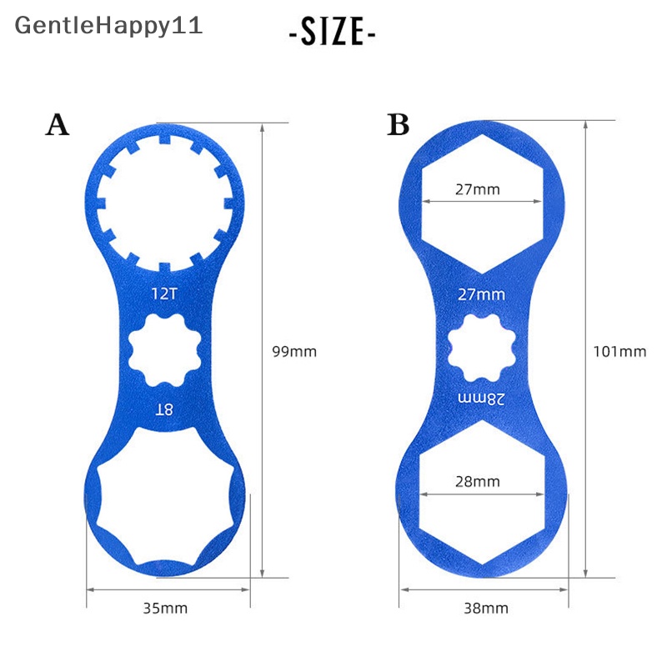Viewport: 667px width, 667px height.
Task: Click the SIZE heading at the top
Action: (333, 33)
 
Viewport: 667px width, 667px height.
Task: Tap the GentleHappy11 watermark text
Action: (108, 25)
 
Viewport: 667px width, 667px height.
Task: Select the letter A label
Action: (57, 125)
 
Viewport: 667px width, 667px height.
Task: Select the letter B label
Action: (399, 125)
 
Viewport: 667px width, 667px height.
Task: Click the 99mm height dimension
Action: (295, 351)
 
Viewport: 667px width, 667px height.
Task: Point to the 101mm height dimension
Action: (620, 351)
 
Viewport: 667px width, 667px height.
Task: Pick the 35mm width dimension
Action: (166, 608)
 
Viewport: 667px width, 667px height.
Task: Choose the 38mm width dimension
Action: (485, 608)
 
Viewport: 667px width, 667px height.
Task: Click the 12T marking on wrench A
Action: (163, 293)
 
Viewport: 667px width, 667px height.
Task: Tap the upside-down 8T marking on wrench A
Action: (163, 408)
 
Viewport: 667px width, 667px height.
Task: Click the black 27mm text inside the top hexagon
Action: (478, 189)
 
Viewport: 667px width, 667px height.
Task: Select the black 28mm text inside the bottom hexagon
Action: (478, 481)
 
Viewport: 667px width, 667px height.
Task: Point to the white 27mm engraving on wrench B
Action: (482, 294)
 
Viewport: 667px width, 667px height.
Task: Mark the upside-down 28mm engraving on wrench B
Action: (482, 398)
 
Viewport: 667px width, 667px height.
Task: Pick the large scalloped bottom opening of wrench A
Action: (167, 509)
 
